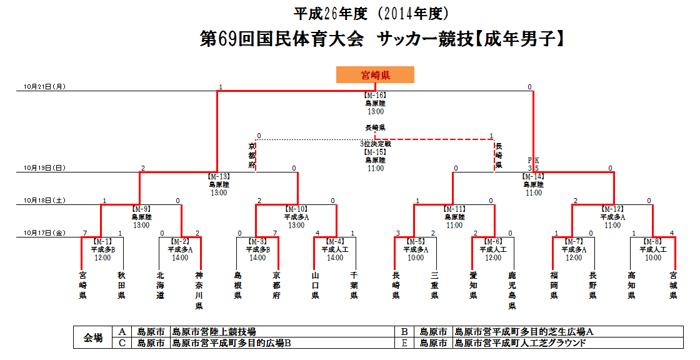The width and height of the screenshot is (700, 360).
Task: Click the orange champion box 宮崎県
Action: pyautogui.click(x=376, y=75)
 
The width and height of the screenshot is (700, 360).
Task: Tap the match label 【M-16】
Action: pyautogui.click(x=375, y=96)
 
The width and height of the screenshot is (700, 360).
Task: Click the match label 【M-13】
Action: pyautogui.click(x=219, y=176)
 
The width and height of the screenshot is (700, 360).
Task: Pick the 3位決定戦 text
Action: pyautogui.click(x=375, y=144)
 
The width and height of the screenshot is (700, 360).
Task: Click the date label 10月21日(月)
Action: pyautogui.click(x=44, y=87)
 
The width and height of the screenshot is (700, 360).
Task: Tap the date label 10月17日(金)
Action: pyautogui.click(x=44, y=233)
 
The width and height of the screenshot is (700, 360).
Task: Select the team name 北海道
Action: pyautogui.click(x=161, y=285)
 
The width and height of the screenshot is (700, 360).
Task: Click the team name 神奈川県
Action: pyautogui.click(x=199, y=291)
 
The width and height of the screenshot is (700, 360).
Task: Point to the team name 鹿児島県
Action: pyautogui.click(x=512, y=291)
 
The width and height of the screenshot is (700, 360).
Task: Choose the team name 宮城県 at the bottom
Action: pyautogui.click(x=673, y=285)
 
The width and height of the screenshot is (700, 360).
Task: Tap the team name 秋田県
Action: pyautogui.click(x=121, y=285)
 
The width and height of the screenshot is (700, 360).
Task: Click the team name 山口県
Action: pyautogui.click(x=315, y=285)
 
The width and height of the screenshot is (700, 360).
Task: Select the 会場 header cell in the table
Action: pyautogui.click(x=93, y=337)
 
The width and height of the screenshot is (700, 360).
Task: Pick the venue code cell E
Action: pyautogui.click(x=404, y=343)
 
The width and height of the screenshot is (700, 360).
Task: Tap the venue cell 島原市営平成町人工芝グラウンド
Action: pyautogui.click(x=520, y=343)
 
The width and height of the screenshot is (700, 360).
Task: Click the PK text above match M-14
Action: pyautogui.click(x=533, y=160)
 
